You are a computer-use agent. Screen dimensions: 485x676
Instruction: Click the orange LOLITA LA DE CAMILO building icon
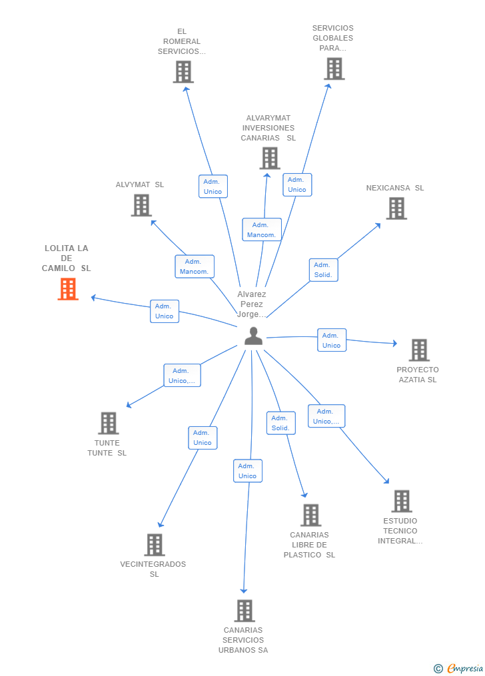(x=68, y=289)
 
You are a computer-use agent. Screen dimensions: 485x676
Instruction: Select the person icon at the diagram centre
(x=254, y=336)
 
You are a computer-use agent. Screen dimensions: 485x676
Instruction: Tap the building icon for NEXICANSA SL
(x=396, y=208)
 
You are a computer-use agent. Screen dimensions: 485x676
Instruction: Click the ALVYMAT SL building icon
(x=141, y=205)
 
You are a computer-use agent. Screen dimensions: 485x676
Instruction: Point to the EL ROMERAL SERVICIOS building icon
(x=183, y=71)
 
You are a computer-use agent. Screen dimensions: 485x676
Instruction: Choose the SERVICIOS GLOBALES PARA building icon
(x=334, y=69)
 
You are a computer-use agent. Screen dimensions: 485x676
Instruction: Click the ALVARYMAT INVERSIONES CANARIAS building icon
(x=270, y=159)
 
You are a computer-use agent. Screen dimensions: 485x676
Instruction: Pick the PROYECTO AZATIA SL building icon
(x=420, y=350)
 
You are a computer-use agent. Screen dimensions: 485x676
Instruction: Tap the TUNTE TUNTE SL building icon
(x=109, y=423)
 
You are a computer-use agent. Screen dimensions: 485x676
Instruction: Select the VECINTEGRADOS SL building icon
(x=155, y=545)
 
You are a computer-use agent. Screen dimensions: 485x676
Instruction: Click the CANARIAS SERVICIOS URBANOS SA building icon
(x=245, y=611)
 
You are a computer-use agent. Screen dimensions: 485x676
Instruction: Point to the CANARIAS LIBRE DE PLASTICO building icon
(x=311, y=515)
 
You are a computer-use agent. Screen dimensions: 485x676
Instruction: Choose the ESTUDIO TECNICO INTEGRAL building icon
(x=402, y=501)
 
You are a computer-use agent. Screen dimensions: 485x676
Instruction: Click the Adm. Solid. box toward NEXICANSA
(x=323, y=270)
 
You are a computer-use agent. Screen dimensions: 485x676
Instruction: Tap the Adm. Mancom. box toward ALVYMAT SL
(x=195, y=266)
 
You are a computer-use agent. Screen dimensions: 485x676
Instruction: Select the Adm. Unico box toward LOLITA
(x=165, y=311)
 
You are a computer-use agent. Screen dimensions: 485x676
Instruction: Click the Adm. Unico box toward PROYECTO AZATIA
(x=332, y=340)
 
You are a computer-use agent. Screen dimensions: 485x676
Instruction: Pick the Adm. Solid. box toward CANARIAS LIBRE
(x=280, y=423)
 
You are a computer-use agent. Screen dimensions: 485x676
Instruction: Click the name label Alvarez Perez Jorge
(x=252, y=304)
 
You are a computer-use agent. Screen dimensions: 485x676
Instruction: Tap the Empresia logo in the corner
(x=458, y=668)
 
